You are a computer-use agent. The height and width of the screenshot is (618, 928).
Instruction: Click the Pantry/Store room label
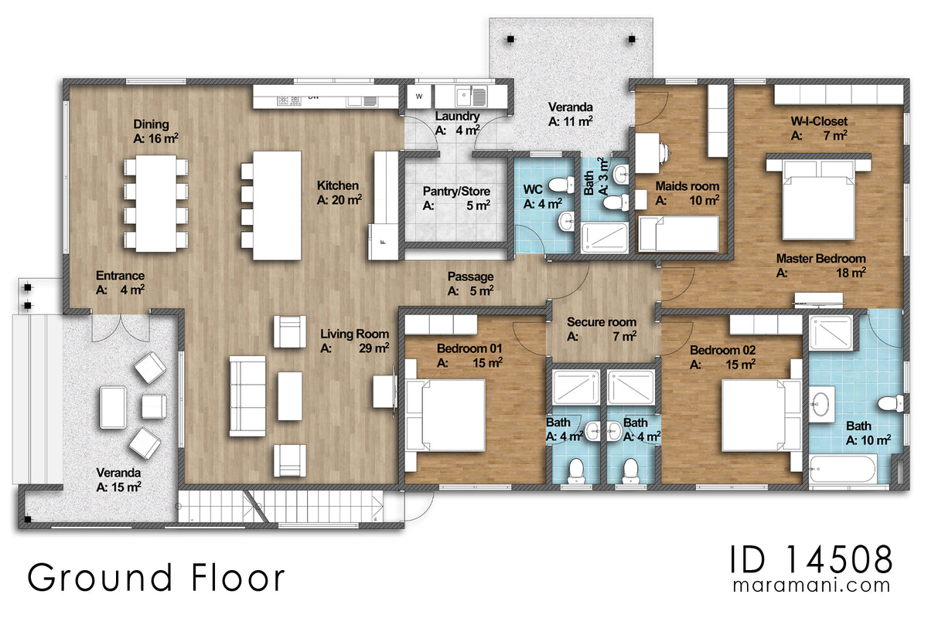point(456,198)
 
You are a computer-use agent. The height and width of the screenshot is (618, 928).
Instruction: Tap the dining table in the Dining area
point(156,203)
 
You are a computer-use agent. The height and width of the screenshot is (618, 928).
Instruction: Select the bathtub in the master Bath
point(843,469)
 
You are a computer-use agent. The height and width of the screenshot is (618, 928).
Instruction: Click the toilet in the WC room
point(561,185)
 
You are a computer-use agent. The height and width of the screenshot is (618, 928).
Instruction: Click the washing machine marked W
point(419,97)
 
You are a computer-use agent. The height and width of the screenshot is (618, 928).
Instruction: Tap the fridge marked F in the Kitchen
point(384,242)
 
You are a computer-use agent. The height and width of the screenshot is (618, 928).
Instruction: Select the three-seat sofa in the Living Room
point(247,396)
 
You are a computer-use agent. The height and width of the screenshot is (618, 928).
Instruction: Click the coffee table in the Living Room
point(290,396)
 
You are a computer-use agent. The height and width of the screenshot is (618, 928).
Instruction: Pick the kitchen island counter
point(277,205)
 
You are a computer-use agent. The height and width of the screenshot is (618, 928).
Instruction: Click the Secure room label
point(602,329)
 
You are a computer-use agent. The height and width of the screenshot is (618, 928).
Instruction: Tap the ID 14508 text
point(810,559)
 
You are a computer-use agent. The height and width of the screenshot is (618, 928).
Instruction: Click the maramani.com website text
point(811,586)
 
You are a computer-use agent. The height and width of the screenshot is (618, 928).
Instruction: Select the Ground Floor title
point(155,577)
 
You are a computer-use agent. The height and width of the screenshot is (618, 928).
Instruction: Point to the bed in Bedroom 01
point(445,415)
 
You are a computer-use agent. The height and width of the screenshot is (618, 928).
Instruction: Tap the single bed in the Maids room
point(679,233)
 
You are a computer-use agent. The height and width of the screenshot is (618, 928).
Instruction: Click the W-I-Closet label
point(819,128)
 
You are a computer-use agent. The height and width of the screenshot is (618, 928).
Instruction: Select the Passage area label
point(470,284)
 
